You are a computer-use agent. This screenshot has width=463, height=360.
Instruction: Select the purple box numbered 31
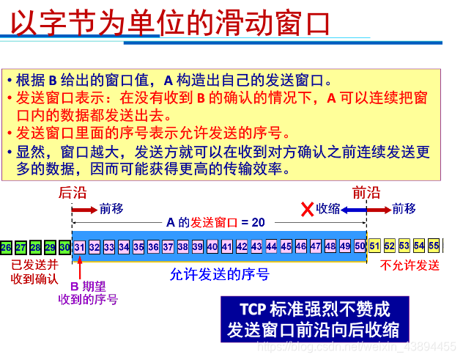(80, 247)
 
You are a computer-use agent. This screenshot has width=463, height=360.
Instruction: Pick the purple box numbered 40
(212, 247)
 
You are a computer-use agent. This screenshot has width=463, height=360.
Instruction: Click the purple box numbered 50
(360, 247)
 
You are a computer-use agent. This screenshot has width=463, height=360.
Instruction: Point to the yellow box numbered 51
(375, 246)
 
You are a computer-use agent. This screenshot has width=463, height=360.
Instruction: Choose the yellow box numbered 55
(434, 246)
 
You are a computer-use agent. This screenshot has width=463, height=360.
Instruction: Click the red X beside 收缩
(308, 209)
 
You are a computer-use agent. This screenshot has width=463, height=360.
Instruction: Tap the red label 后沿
(73, 193)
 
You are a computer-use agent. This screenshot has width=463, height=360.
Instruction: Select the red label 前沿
(366, 193)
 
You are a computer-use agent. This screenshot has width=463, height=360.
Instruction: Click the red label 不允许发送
(410, 265)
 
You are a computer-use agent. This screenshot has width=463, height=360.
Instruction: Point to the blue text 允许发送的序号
(220, 275)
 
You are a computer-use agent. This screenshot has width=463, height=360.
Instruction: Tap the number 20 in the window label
(257, 222)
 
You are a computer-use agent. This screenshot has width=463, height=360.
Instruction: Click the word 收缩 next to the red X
(328, 209)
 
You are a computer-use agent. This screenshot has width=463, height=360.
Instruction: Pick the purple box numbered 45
(286, 247)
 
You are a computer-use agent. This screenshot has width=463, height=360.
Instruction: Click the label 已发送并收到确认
(34, 271)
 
